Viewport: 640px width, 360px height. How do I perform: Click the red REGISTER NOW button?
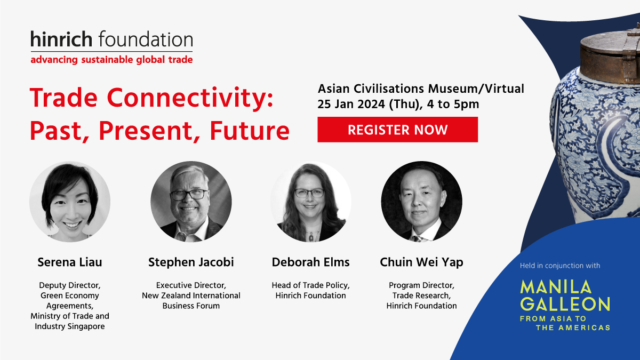click(x=397, y=130)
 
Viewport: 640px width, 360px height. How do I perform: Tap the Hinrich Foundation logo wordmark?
click(x=111, y=39)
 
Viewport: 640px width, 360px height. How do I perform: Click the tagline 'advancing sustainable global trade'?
click(x=111, y=60)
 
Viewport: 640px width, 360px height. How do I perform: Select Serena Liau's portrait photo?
click(x=70, y=202)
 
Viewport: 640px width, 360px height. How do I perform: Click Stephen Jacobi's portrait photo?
click(x=191, y=202)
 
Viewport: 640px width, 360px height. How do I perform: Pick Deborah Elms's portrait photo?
click(x=311, y=202)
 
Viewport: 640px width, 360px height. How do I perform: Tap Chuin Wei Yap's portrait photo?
click(x=421, y=202)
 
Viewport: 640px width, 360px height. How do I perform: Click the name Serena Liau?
click(x=70, y=262)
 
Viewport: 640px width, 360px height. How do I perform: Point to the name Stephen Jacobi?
click(x=191, y=262)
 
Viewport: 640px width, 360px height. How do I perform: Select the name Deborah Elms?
click(x=311, y=262)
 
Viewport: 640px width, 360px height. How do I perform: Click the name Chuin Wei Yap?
click(x=421, y=262)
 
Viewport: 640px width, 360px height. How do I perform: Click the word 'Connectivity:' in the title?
click(x=190, y=99)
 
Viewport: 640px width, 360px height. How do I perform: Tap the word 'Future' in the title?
click(x=250, y=131)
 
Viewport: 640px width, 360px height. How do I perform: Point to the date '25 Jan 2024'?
click(x=351, y=104)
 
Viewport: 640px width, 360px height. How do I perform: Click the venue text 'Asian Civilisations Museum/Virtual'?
click(x=421, y=89)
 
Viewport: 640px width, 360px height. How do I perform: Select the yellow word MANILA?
click(x=556, y=287)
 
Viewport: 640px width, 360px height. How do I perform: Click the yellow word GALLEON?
click(x=565, y=304)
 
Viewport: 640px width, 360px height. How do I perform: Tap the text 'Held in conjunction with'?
click(x=560, y=266)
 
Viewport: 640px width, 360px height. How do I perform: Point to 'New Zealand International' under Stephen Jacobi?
click(x=191, y=295)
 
